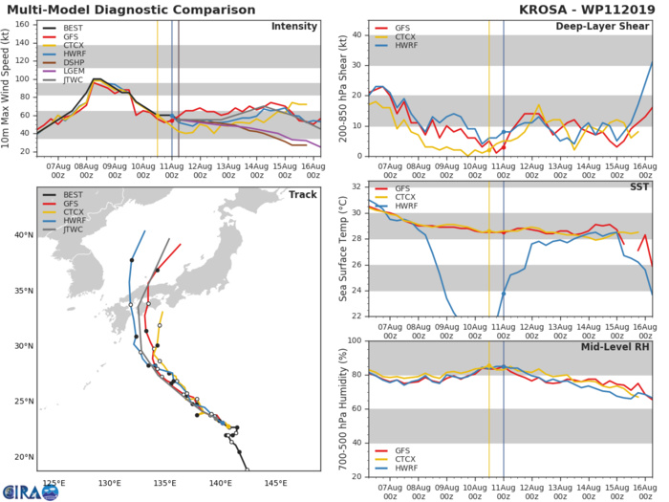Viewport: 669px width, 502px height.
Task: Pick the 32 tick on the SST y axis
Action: [357, 185]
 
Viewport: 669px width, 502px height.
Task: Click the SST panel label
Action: [638, 188]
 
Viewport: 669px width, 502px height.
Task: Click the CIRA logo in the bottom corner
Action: [19, 491]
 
